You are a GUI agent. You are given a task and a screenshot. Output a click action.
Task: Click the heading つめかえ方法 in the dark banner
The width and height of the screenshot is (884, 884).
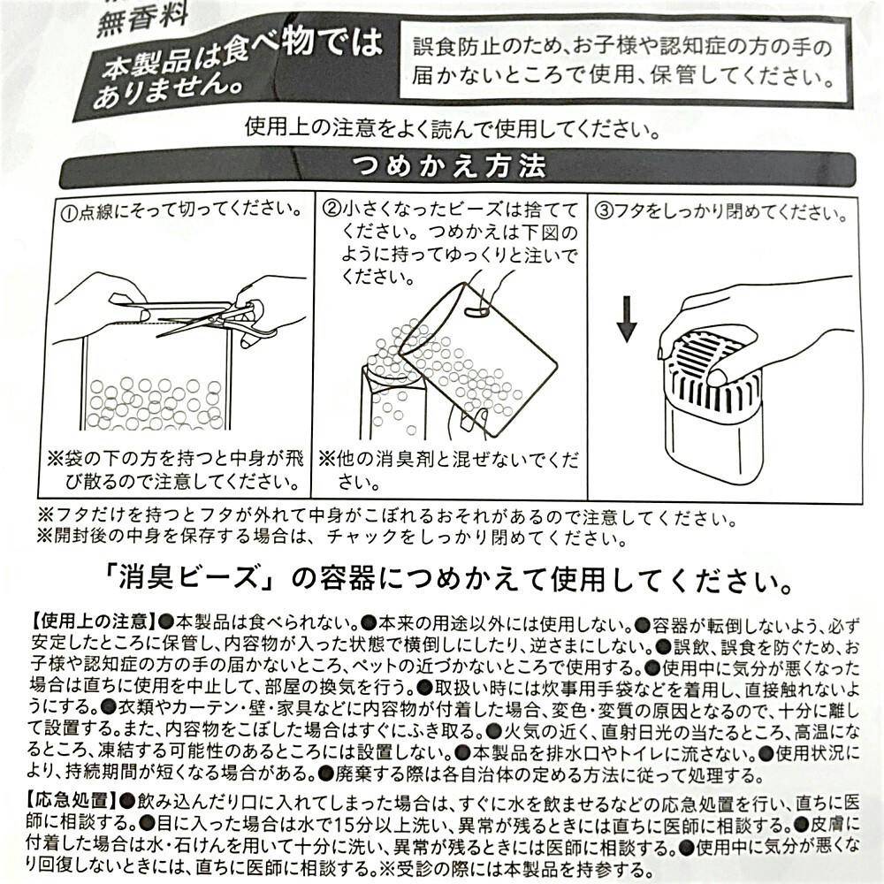coord(449,167)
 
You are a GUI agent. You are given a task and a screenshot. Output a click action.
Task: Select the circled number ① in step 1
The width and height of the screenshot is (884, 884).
coord(69,214)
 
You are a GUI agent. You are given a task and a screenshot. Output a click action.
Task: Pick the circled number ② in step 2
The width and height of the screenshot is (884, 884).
coord(331,210)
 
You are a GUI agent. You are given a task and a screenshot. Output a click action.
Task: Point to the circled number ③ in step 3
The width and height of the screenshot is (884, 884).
coord(605,211)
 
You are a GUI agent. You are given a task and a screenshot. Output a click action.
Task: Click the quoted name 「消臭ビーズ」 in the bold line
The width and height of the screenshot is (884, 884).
coord(193,580)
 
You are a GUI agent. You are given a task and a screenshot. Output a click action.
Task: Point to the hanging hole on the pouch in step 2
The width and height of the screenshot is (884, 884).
coord(477,312)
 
